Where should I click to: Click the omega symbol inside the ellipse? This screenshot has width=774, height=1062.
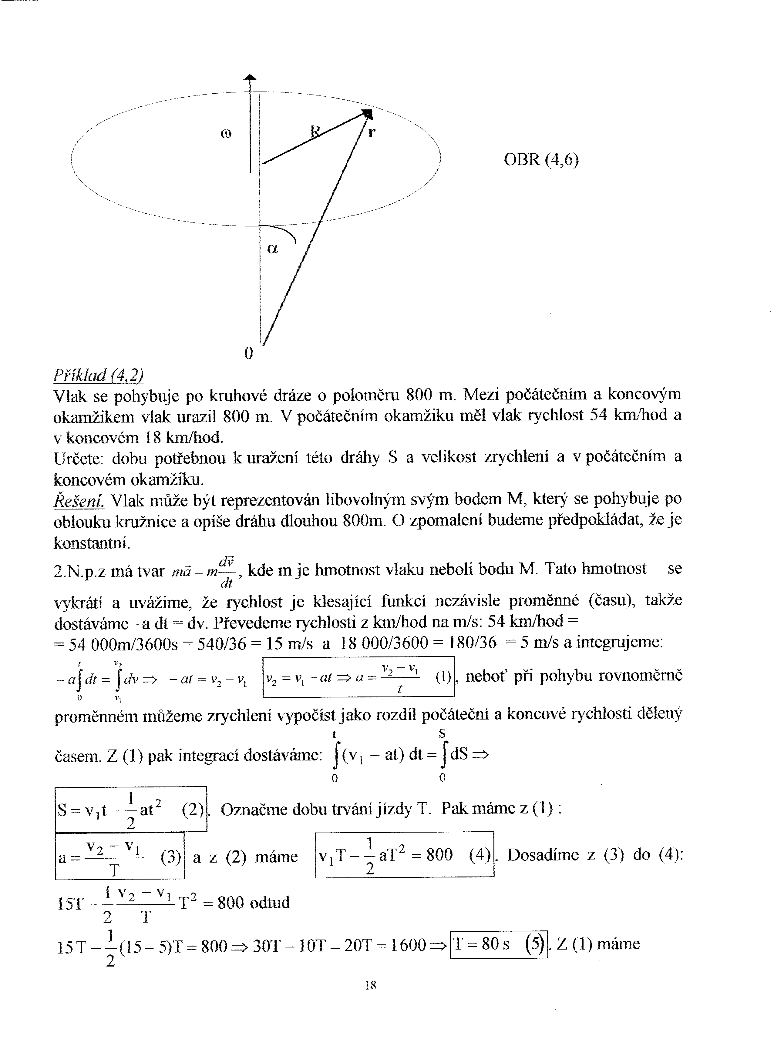pyautogui.click(x=225, y=134)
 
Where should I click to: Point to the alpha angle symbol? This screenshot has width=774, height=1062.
pyautogui.click(x=272, y=249)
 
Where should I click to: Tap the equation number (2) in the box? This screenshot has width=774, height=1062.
pyautogui.click(x=193, y=810)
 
